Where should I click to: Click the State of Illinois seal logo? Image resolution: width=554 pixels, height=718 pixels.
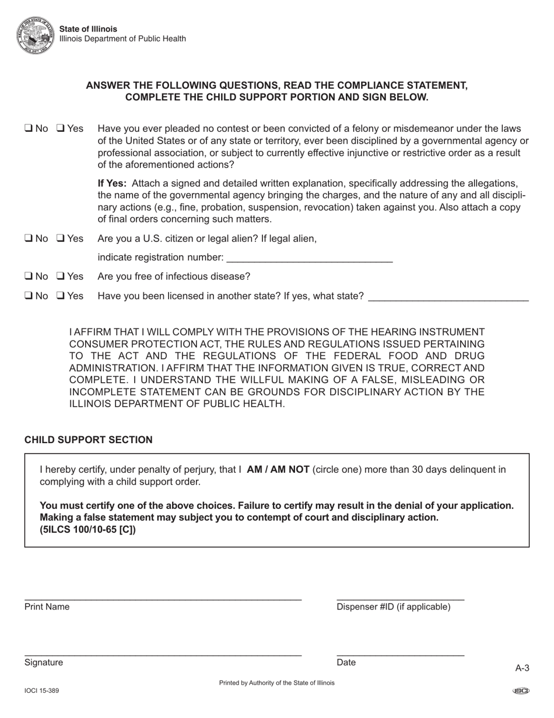tap(36, 34)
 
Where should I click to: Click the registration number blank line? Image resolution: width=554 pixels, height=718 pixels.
tap(308, 257)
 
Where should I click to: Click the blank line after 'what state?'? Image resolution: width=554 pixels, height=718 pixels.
tap(448, 296)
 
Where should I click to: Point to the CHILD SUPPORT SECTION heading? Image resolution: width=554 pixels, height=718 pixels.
tap(89, 440)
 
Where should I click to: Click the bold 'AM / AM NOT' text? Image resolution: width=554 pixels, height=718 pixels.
tap(278, 469)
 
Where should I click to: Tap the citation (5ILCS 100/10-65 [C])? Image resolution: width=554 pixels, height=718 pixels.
tap(87, 530)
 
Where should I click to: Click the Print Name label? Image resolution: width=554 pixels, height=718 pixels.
tap(47, 607)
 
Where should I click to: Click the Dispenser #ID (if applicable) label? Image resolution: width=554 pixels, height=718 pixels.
tap(393, 607)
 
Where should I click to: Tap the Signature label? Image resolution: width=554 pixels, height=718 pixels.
tap(44, 662)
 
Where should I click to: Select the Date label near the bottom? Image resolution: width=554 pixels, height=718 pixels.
tap(346, 662)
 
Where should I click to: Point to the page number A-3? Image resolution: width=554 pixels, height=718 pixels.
tap(522, 668)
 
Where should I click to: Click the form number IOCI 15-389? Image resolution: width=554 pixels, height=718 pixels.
tap(41, 691)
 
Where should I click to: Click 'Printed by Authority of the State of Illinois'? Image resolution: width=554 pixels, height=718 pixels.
tap(276, 682)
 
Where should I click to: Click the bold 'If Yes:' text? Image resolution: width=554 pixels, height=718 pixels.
tap(112, 183)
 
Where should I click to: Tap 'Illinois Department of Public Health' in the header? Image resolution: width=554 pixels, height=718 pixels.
tap(122, 39)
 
